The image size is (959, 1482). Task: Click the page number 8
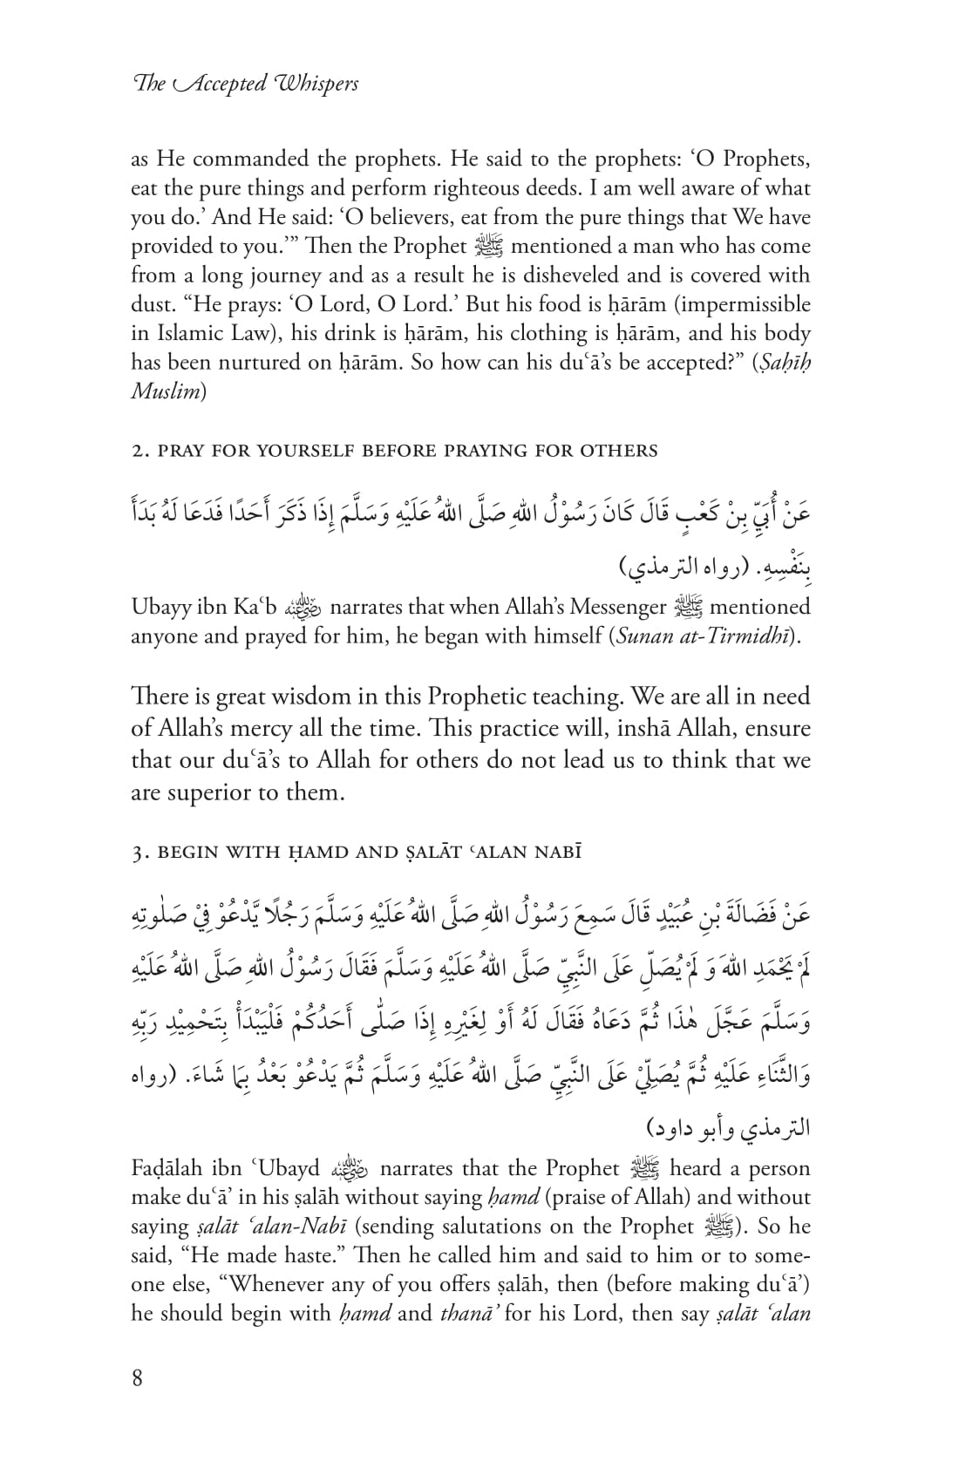[137, 1378]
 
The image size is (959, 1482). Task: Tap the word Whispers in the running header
[316, 84]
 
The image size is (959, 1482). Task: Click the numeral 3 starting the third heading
[136, 852]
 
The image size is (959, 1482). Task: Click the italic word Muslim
[166, 391]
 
